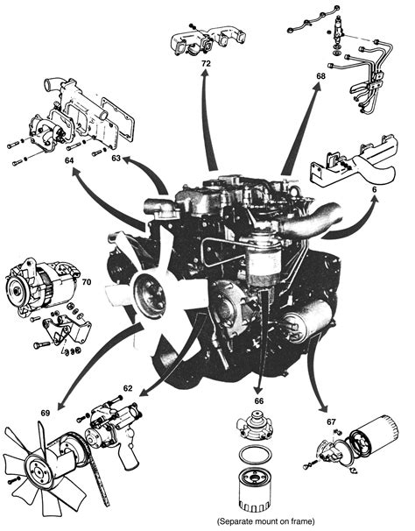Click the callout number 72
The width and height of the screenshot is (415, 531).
pos(206,63)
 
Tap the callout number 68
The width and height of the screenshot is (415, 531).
pos(321,76)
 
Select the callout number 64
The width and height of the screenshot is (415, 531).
pos(69,160)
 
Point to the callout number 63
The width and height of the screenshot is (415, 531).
pos(116,158)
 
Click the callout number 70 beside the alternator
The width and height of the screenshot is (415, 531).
pos(87,281)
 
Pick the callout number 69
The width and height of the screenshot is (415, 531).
pos(46,413)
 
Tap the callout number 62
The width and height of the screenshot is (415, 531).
pos(128,388)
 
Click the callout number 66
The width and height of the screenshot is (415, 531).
pos(259,401)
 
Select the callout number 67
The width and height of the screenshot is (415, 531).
pos(332,421)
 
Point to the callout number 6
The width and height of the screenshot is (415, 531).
pos(375,190)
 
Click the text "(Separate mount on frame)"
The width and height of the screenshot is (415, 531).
pos(265,520)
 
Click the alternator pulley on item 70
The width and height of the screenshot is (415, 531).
pos(16,290)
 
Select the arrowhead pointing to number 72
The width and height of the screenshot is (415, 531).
pos(205,75)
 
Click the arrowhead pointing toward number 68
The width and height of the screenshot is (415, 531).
pos(317,88)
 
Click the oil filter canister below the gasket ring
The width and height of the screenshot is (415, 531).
pos(256,489)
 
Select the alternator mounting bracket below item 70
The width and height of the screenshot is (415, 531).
pos(67,328)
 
